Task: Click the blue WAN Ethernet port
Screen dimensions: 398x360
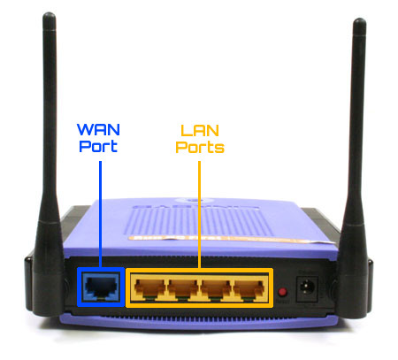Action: point(101,287)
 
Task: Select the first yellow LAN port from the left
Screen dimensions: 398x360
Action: point(149,288)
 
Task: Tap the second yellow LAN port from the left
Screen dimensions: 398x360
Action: point(183,288)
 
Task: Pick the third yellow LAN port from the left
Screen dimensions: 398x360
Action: point(216,288)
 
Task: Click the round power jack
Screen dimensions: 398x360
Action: point(307,287)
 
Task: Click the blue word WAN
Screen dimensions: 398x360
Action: point(98,129)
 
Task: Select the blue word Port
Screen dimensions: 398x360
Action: point(98,146)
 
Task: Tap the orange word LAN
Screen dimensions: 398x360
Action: point(200,131)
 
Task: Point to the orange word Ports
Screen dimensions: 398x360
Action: point(200,147)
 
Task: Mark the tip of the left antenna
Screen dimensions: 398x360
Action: point(49,13)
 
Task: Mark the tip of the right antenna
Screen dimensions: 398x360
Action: point(359,19)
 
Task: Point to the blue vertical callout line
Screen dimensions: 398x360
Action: point(100,214)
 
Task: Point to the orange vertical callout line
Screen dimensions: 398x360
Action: point(199,215)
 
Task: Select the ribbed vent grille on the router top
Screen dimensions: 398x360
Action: point(198,222)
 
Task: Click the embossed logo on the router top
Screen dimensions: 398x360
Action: point(195,205)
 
